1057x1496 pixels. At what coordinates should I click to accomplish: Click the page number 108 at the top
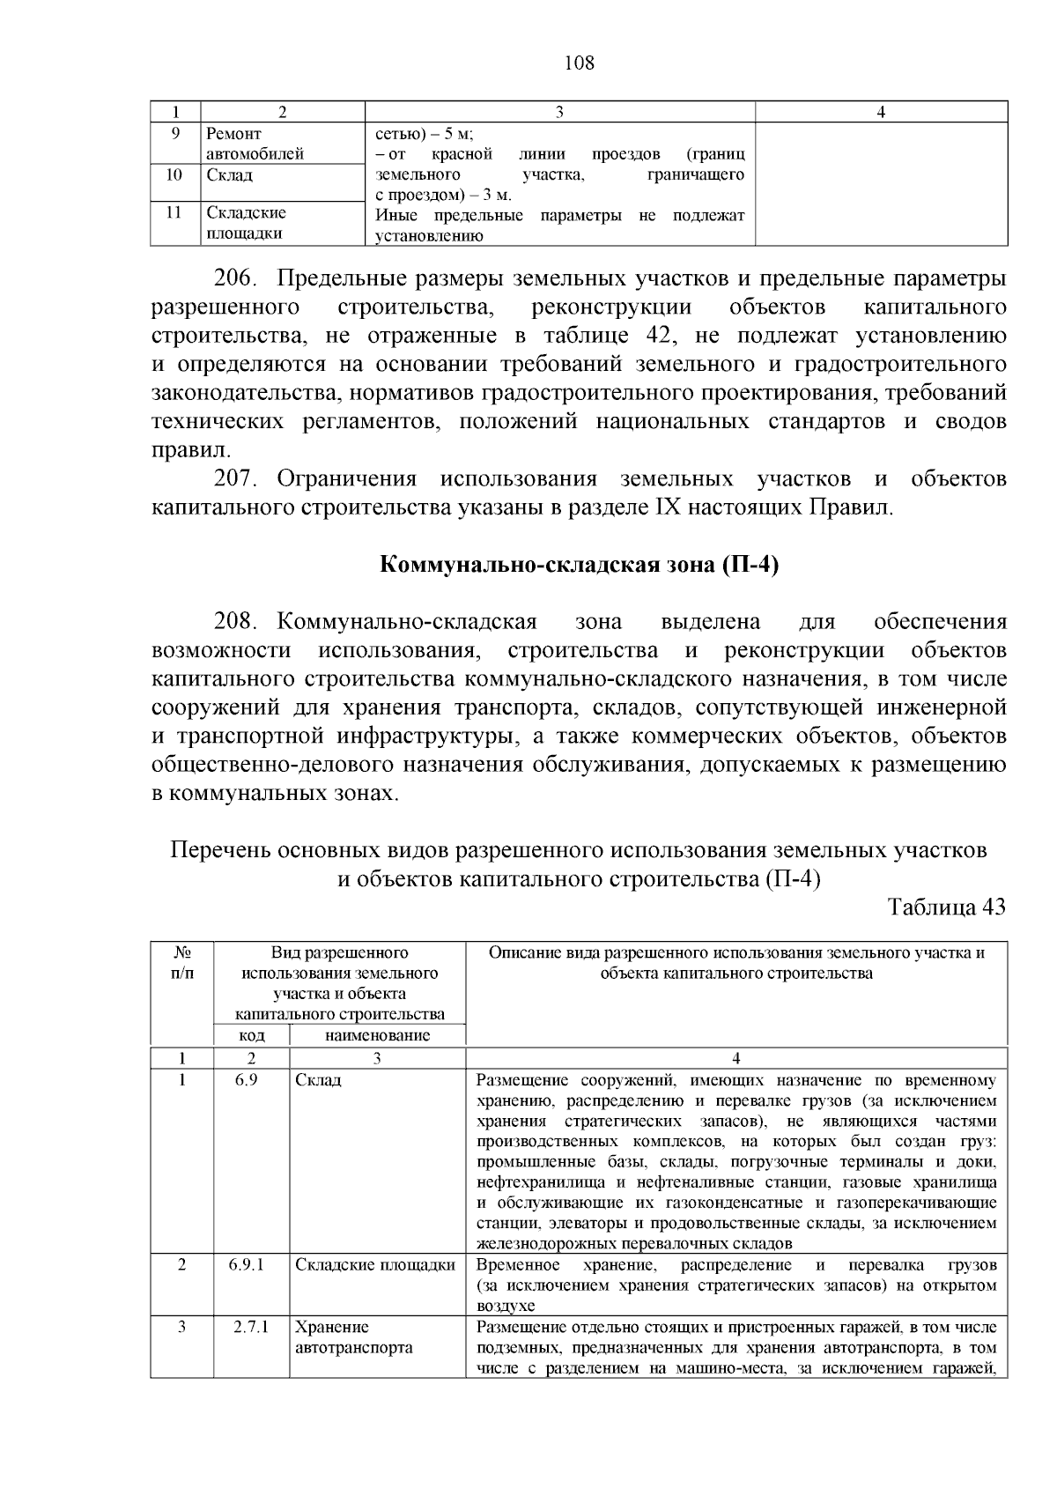[x=579, y=63]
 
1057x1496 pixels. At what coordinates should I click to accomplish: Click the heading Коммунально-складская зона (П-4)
[x=580, y=565]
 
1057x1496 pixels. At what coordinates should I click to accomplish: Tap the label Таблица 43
[x=947, y=907]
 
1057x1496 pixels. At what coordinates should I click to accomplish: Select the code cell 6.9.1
[x=252, y=1265]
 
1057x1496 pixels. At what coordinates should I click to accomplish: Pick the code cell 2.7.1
[x=252, y=1328]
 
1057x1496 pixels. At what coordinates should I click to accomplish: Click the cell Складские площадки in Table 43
[x=375, y=1265]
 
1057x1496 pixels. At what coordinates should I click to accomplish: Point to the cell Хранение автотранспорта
[x=352, y=1337]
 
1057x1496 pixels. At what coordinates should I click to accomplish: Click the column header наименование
[x=377, y=1036]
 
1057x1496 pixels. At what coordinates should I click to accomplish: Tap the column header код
[x=252, y=1036]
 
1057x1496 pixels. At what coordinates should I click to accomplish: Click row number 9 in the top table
[x=175, y=134]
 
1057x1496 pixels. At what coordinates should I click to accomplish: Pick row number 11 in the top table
[x=174, y=212]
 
